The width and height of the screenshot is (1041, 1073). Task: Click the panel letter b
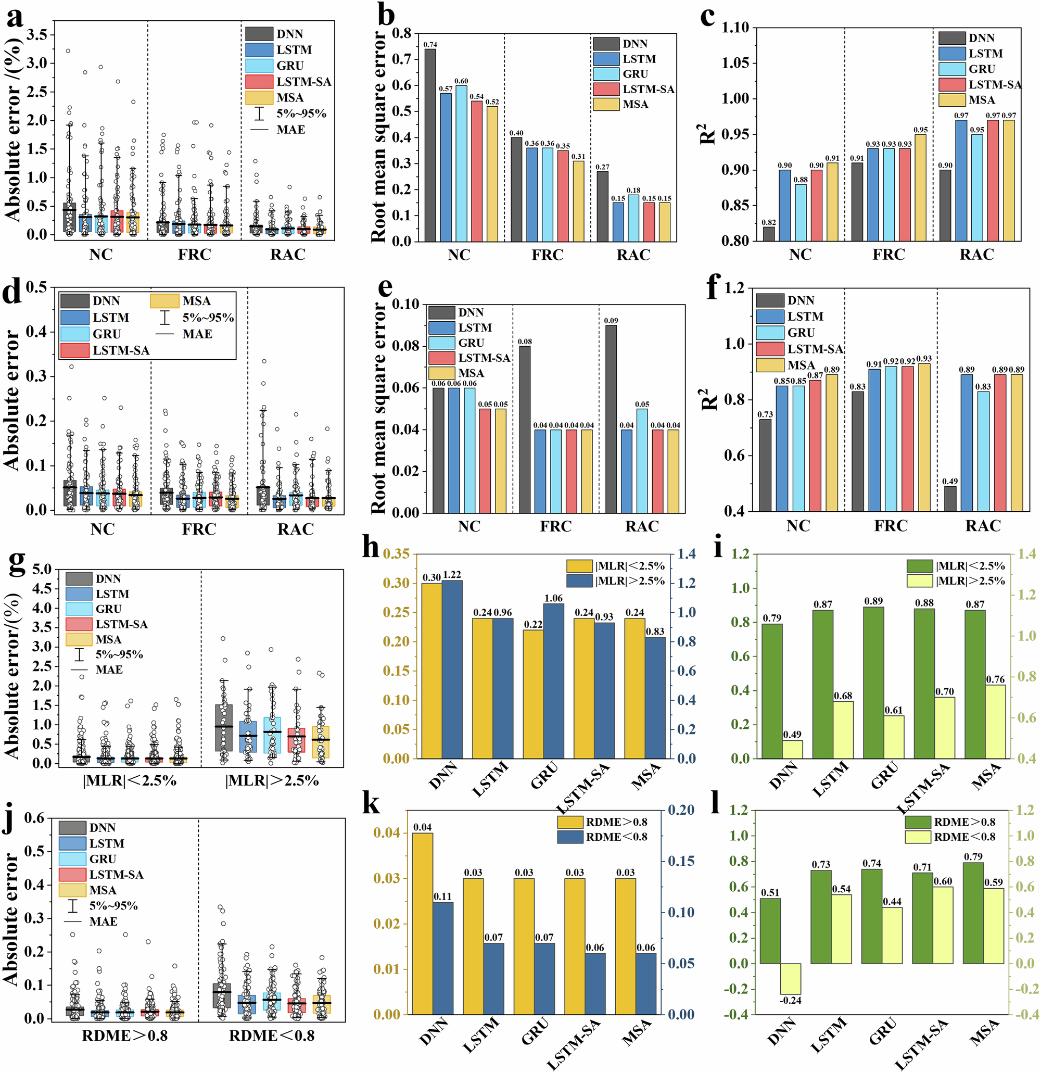pos(386,15)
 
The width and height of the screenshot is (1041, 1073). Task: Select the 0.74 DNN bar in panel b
pos(430,145)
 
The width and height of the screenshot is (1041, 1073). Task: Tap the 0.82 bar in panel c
pos(769,234)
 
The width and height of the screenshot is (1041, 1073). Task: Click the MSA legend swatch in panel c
pos(952,100)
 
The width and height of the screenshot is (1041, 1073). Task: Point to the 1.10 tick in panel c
pos(735,28)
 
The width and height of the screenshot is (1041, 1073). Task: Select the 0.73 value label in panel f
pos(765,414)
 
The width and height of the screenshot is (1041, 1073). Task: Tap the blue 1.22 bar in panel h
pos(452,669)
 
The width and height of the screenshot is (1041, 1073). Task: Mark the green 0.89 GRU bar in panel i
pos(873,682)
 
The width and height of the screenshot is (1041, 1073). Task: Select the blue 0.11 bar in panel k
pos(443,958)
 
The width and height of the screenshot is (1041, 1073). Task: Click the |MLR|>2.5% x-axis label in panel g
pos(272,780)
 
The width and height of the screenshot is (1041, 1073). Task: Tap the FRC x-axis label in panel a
pos(194,255)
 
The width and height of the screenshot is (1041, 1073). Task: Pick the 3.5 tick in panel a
pos(40,34)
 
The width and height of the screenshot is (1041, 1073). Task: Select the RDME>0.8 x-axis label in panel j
pos(125,1036)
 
